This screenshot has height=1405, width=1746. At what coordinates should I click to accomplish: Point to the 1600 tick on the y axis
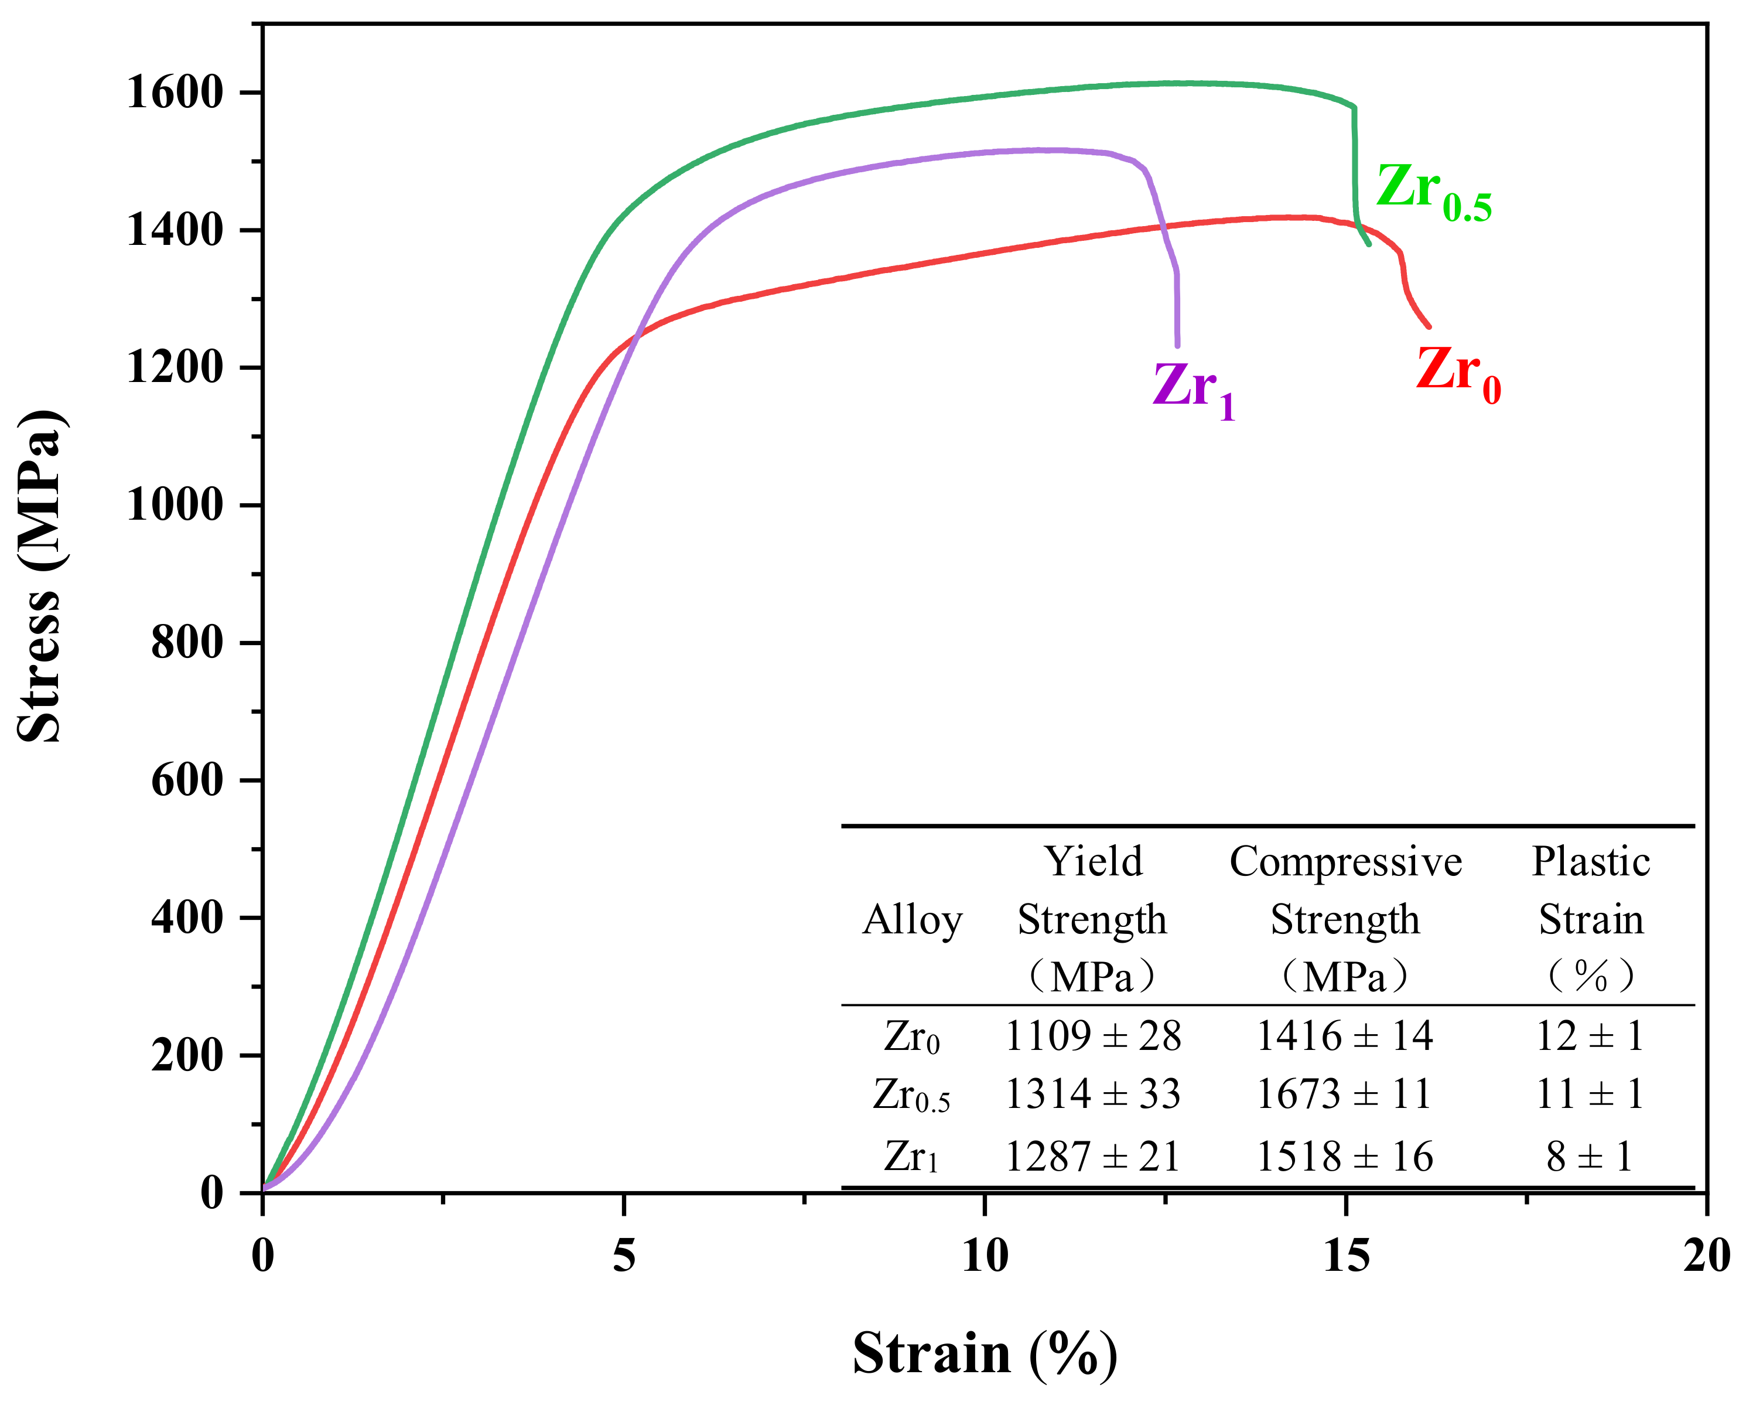(x=173, y=93)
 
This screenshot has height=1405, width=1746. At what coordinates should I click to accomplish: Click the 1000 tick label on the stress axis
(x=173, y=506)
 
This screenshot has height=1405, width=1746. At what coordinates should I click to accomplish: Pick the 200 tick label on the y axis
(x=186, y=1056)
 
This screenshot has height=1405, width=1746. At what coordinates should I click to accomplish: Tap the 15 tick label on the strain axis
(x=1346, y=1257)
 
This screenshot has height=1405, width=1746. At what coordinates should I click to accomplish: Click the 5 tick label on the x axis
(x=624, y=1257)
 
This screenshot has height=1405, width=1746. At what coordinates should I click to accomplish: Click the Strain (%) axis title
(x=984, y=1353)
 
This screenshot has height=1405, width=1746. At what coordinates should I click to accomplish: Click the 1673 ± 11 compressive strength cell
(x=1344, y=1094)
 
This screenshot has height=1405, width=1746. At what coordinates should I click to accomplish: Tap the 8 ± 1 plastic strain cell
(x=1589, y=1156)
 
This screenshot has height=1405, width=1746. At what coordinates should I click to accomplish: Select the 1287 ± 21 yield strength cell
(x=1092, y=1156)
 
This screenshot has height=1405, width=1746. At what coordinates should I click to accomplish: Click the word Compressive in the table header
(x=1345, y=861)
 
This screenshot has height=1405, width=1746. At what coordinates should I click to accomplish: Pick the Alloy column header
(x=912, y=920)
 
